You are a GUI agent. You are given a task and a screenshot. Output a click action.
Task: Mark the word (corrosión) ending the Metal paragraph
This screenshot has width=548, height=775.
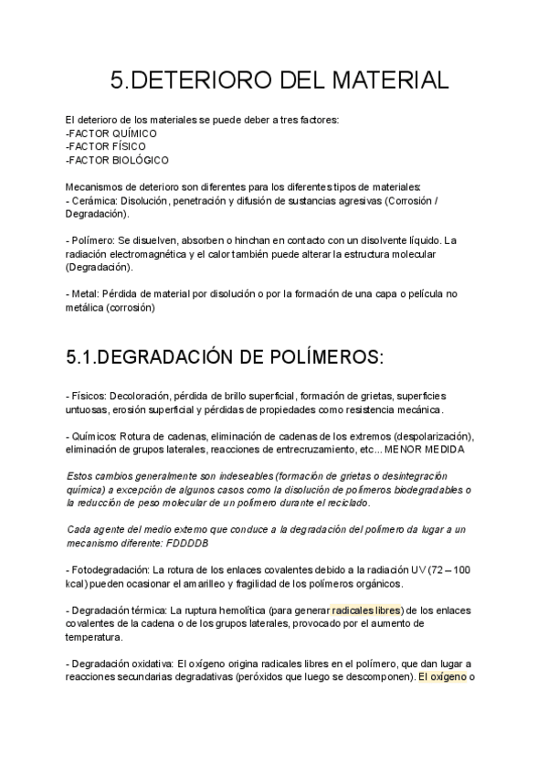131,308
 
